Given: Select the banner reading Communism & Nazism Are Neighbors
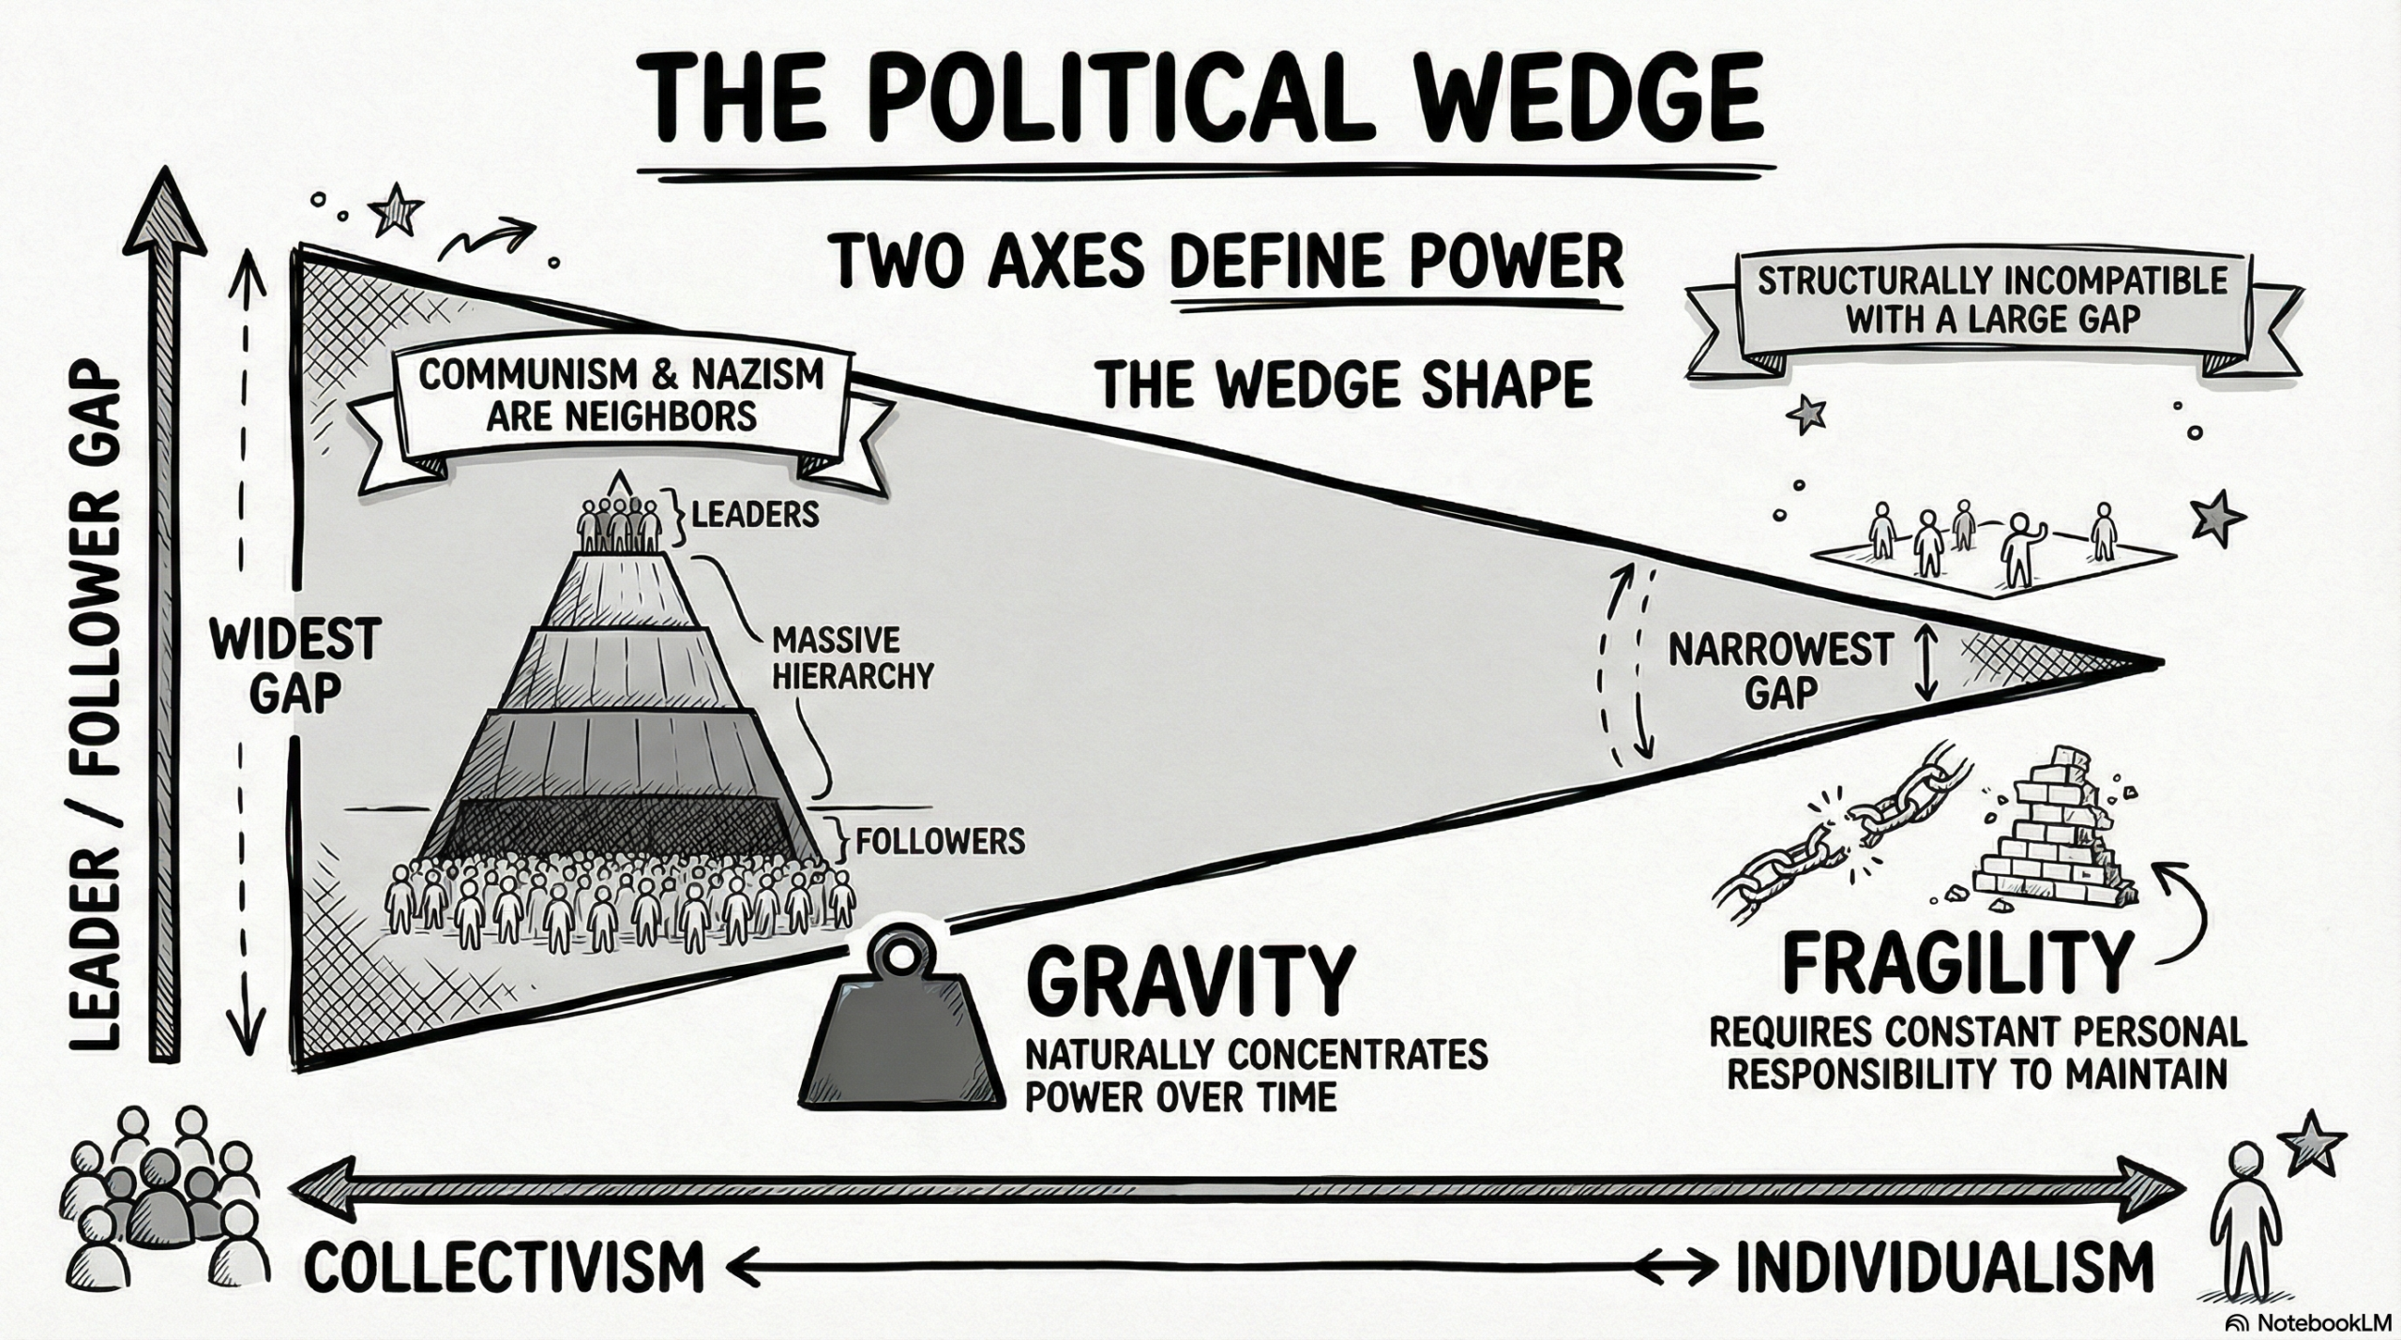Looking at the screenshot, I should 621,396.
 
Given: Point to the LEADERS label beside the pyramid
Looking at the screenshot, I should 755,514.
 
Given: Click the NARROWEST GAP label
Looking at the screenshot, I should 1780,669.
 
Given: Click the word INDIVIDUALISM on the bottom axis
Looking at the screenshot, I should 1945,1266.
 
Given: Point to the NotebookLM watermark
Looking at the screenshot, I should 2312,1322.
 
